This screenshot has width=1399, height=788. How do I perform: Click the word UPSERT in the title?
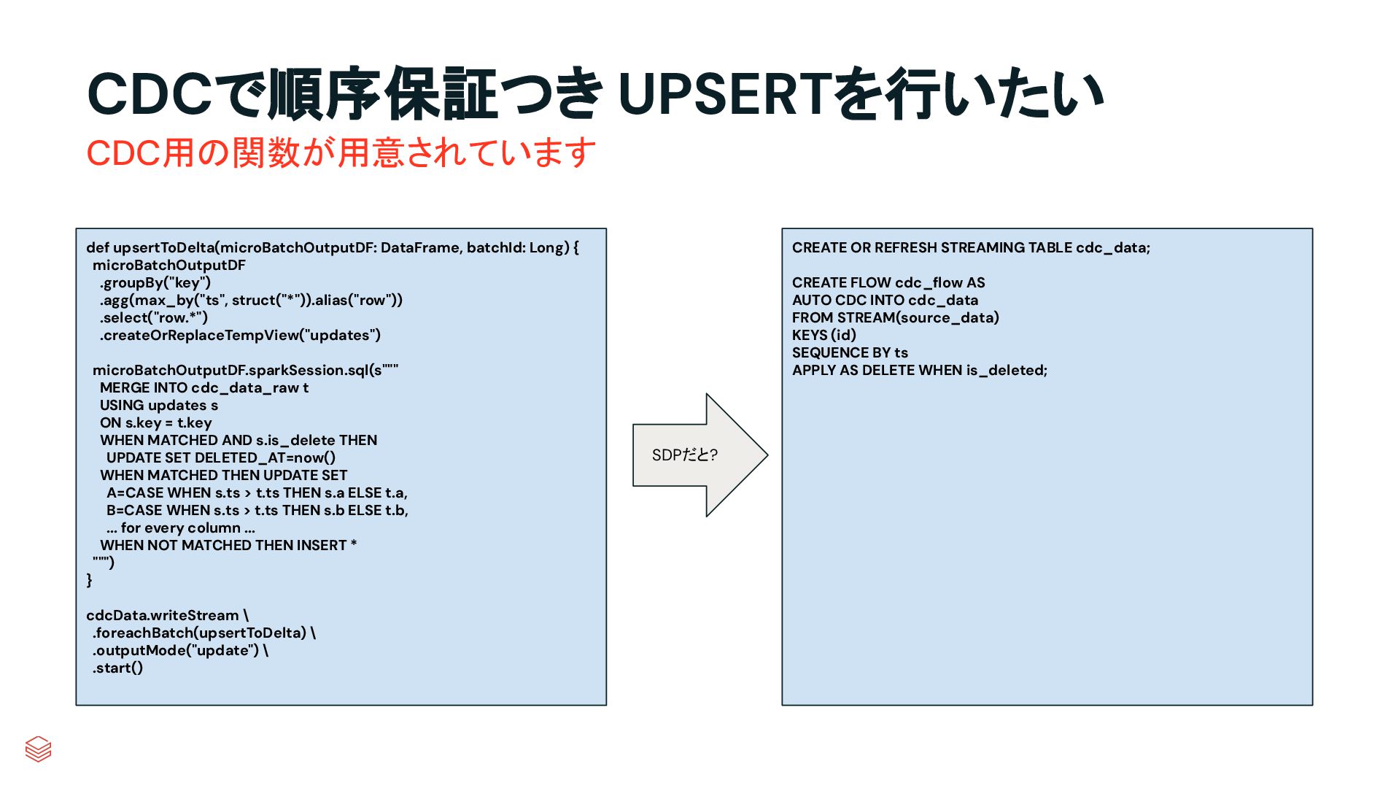pos(724,95)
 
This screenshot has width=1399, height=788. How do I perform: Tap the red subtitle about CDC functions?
pos(341,153)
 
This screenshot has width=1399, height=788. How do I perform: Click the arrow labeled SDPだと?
pos(699,455)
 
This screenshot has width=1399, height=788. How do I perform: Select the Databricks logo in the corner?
pos(38,749)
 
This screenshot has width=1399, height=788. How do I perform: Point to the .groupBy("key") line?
pos(155,283)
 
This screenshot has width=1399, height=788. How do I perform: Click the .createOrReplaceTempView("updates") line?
pos(240,336)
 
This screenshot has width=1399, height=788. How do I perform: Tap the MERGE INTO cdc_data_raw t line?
pos(204,388)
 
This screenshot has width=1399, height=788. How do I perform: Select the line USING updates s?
pos(159,406)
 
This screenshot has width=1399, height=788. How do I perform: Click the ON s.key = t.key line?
pos(156,423)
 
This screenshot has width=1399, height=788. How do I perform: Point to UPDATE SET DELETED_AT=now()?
pos(221,458)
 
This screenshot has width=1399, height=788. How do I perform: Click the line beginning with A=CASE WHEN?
pos(257,493)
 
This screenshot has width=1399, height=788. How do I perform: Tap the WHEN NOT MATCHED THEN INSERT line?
pos(228,546)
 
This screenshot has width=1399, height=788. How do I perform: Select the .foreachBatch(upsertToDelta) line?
pos(204,633)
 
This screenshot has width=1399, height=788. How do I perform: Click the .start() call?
pos(117,668)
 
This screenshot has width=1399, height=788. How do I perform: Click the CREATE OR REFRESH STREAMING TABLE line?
pos(971,248)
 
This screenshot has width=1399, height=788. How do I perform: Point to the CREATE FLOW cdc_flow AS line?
pos(888,283)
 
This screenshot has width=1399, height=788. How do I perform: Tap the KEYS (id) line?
pos(824,336)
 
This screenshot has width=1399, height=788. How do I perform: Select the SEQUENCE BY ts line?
pos(850,353)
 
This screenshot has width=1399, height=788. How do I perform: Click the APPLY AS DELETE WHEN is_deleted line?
pos(919,371)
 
